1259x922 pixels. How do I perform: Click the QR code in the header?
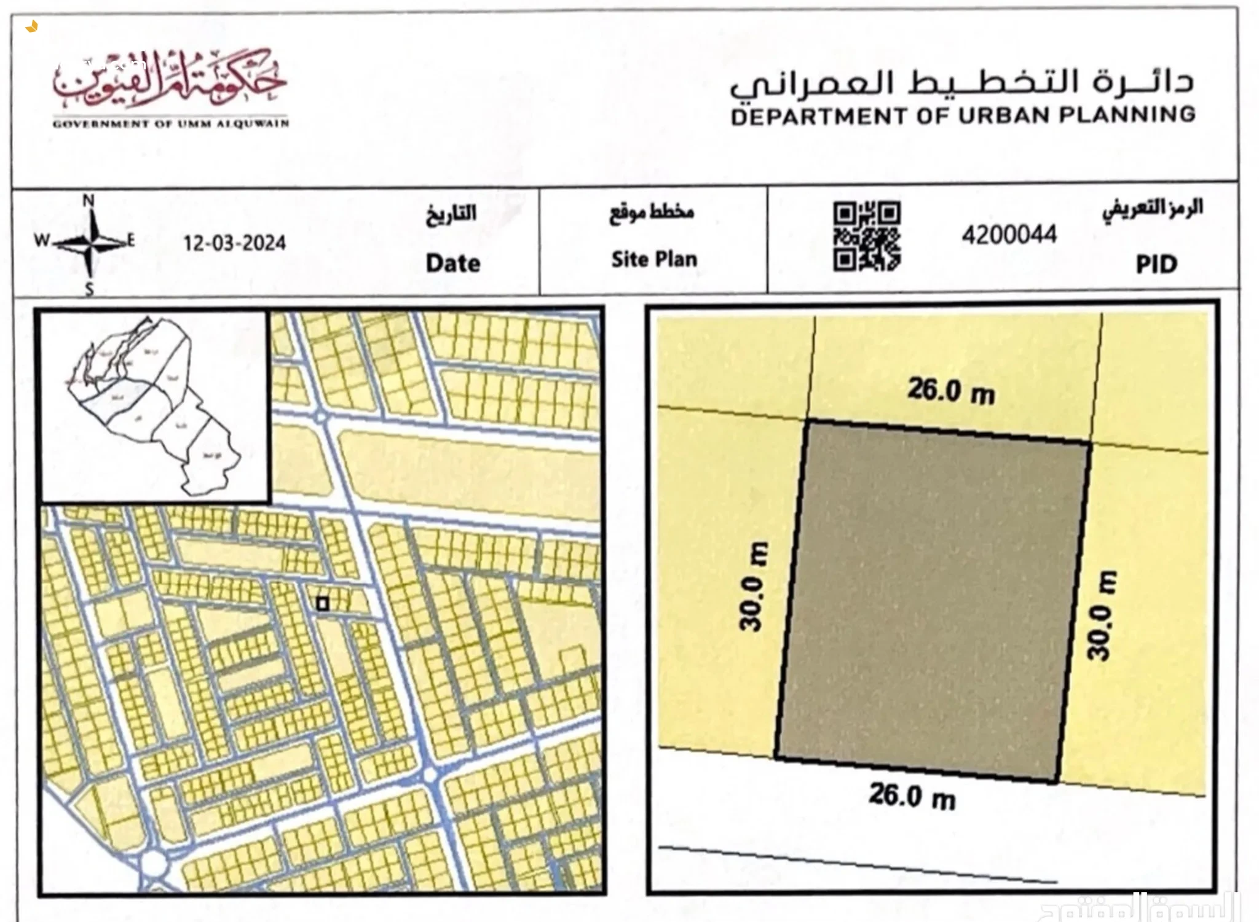867,236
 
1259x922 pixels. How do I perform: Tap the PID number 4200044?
1009,235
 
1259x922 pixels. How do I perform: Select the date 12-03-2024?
235,243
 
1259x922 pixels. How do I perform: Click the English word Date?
453,264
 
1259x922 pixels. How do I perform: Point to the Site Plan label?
654,259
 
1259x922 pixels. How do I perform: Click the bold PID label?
1156,264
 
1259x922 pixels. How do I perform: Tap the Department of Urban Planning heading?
963,115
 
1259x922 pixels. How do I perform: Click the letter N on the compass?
89,201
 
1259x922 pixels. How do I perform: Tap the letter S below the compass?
90,290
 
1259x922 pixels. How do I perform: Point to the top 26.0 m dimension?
950,391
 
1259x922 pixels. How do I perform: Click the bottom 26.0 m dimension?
912,796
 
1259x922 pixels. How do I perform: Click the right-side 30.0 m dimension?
1102,615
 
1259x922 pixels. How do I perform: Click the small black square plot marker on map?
322,604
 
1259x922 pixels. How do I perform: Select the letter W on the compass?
41,240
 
